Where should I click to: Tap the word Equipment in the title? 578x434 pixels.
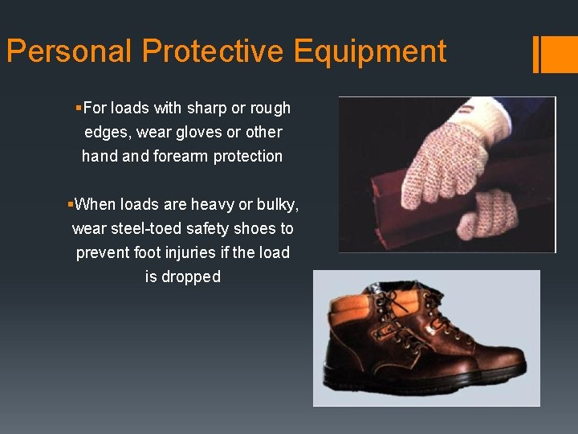[x=369, y=51]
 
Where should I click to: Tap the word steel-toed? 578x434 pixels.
[x=149, y=228]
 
